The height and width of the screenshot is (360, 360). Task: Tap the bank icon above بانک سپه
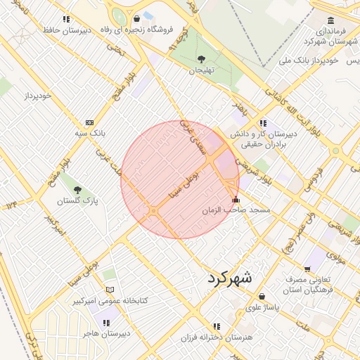point(89,122)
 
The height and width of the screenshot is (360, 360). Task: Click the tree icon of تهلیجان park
point(202,58)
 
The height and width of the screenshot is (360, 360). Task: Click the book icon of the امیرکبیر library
point(109,290)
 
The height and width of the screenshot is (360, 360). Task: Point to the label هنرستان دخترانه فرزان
point(217,338)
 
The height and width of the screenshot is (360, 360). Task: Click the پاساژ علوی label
point(262,307)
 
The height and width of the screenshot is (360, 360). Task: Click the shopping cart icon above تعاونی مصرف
point(307,269)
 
